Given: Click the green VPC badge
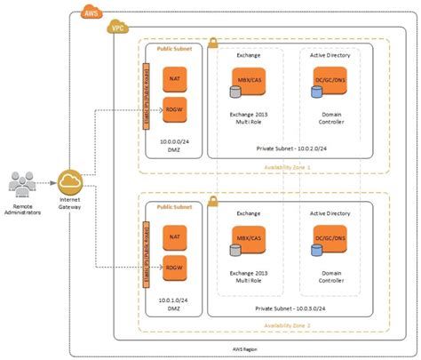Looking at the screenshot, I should (116, 29).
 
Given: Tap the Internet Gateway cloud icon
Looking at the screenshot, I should (69, 183).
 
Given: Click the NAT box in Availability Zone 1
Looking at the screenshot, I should (174, 81).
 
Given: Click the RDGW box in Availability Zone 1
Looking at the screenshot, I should (174, 109).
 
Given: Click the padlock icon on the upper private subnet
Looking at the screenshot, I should (212, 43).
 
